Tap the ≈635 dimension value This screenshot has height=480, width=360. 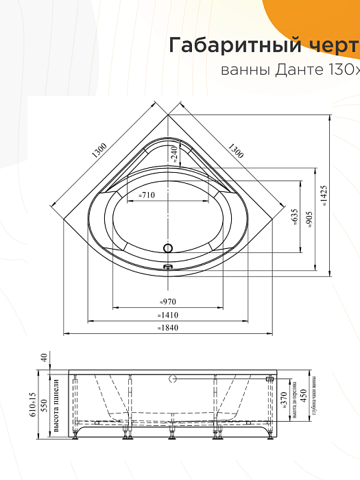coord(294,217)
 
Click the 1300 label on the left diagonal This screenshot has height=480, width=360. coord(99,152)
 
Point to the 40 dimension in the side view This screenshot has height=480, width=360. coord(43,357)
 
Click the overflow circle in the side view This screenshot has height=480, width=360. coord(173,378)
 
